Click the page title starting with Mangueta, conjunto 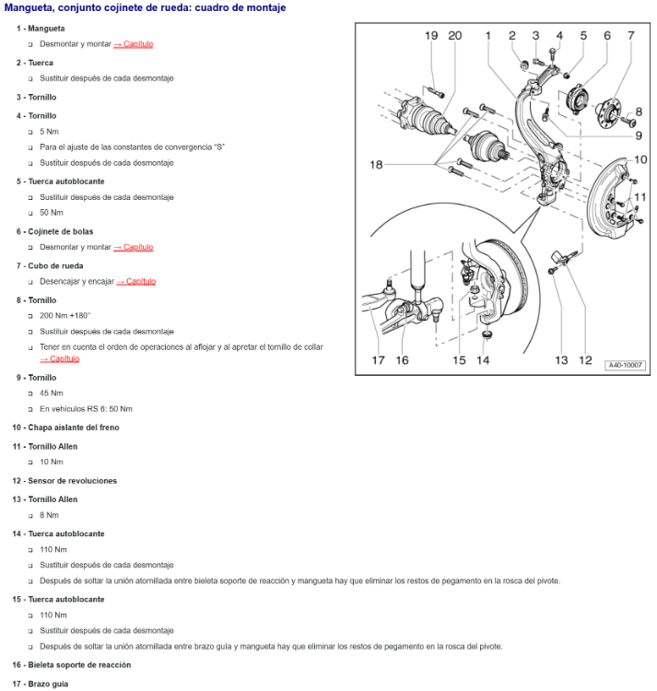[145, 8]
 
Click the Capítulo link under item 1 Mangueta [134, 44]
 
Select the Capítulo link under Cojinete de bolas [134, 247]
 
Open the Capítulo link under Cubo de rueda [136, 281]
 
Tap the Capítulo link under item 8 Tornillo [59, 358]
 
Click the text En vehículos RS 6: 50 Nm [86, 408]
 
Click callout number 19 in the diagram [431, 36]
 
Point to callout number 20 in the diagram [454, 36]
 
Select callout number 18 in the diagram [377, 165]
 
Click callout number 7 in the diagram [631, 36]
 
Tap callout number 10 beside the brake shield [641, 159]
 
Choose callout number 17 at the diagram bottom [378, 360]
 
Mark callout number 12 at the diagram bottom [585, 360]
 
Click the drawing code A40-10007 [626, 366]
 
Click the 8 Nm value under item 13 [49, 515]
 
